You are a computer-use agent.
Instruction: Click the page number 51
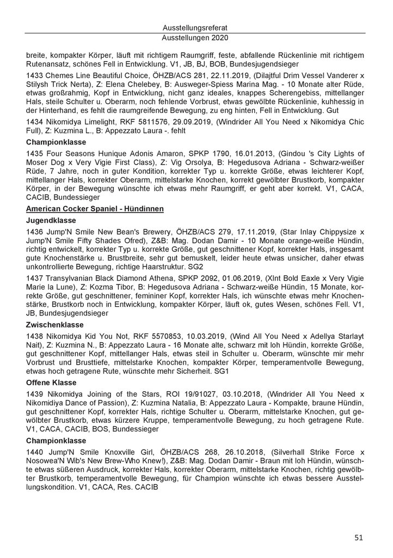pyautogui.click(x=359, y=537)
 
